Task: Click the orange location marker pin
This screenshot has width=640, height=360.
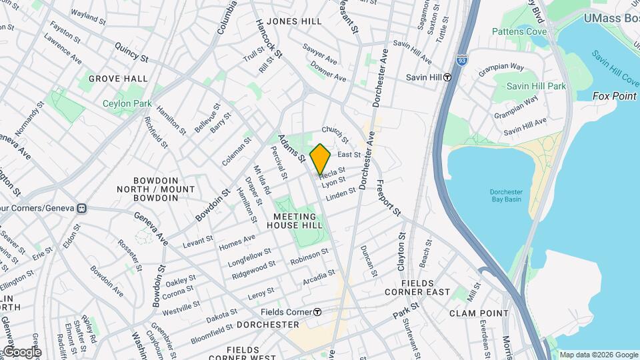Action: point(320,159)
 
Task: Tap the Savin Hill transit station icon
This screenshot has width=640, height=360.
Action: point(448,77)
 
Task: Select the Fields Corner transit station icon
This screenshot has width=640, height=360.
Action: point(318,312)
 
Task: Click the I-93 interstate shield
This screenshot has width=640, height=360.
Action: point(461,60)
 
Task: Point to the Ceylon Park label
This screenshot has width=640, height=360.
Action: point(127,103)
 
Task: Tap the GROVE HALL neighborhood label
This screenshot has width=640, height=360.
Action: point(117,79)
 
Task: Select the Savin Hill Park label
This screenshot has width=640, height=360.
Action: point(535,86)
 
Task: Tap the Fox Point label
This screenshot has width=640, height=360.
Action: point(615,96)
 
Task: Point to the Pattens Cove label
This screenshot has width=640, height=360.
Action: point(519,31)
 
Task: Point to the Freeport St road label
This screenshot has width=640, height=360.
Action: point(388,198)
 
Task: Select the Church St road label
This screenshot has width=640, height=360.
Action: point(335,134)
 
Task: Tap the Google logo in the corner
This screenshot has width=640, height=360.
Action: point(21,352)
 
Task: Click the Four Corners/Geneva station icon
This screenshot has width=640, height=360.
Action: point(81,208)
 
